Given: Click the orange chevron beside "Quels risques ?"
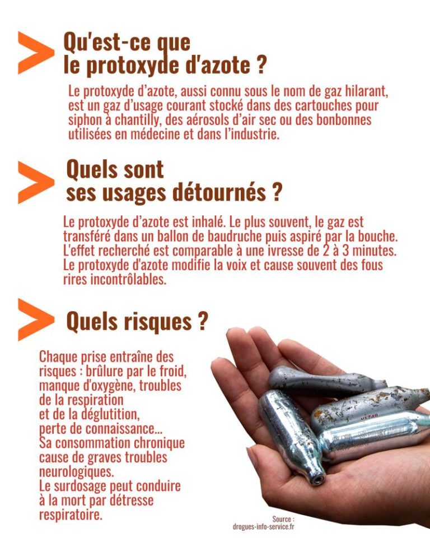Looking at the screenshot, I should point(35,319).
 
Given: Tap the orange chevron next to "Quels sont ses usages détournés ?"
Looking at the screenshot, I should point(35,182).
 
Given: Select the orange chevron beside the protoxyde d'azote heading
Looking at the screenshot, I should point(35,53).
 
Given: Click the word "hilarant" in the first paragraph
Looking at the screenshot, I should point(366,91).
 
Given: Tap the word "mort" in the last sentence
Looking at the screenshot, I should point(75,500).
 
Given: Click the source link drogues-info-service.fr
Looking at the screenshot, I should point(264,526).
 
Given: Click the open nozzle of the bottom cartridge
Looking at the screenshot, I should point(317,479).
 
